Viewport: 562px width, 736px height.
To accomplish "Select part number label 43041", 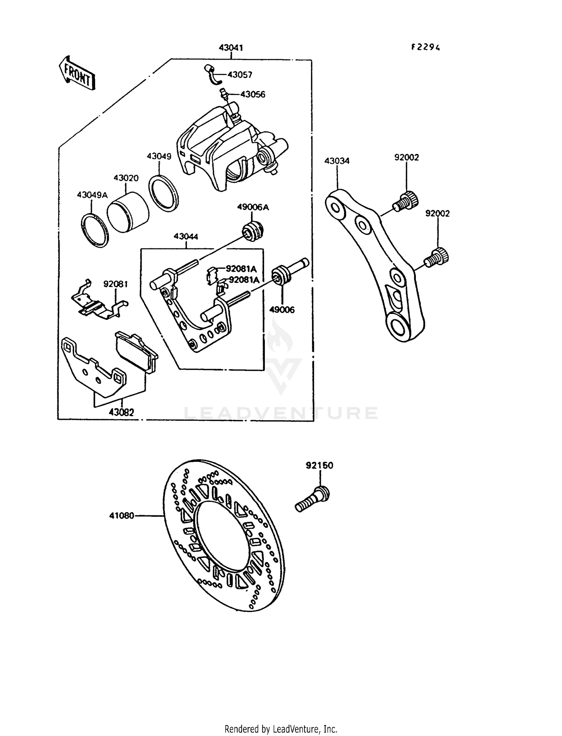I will pyautogui.click(x=231, y=48).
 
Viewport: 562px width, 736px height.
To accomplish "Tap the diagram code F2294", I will pyautogui.click(x=425, y=47).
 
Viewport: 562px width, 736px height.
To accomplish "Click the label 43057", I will pyautogui.click(x=240, y=75).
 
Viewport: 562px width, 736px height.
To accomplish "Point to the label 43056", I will pyautogui.click(x=253, y=94).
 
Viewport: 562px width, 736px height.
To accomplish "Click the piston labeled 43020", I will pyautogui.click(x=128, y=212).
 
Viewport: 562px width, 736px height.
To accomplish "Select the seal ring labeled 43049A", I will pyautogui.click(x=95, y=230).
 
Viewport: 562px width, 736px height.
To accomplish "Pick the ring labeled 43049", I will pyautogui.click(x=163, y=191).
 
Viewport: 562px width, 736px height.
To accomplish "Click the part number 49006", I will pyautogui.click(x=282, y=309).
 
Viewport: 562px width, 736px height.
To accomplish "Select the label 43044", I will pyautogui.click(x=186, y=237).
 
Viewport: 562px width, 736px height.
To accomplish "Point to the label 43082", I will pyautogui.click(x=121, y=412).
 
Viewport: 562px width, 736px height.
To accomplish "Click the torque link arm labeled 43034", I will pyautogui.click(x=375, y=263).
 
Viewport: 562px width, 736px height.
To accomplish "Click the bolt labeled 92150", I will pyautogui.click(x=312, y=499).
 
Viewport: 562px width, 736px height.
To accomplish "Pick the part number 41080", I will pyautogui.click(x=121, y=516).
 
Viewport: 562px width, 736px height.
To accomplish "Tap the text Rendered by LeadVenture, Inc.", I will pyautogui.click(x=281, y=729).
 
